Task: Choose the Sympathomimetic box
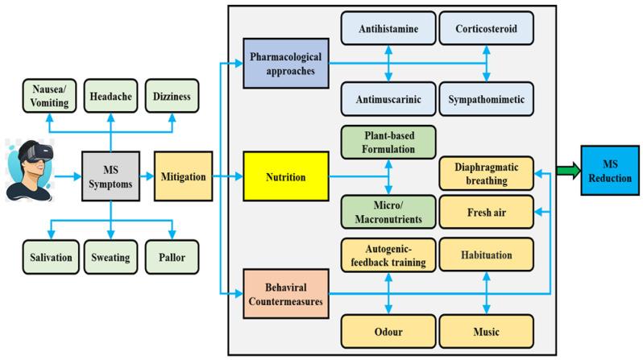point(486,101)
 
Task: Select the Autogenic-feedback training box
point(389,255)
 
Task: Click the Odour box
point(389,329)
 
